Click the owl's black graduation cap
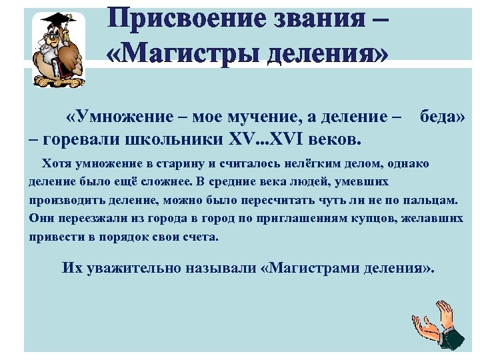[x=59, y=19]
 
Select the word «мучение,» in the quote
[x=267, y=119]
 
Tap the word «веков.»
[x=337, y=140]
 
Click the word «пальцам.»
[x=433, y=199]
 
